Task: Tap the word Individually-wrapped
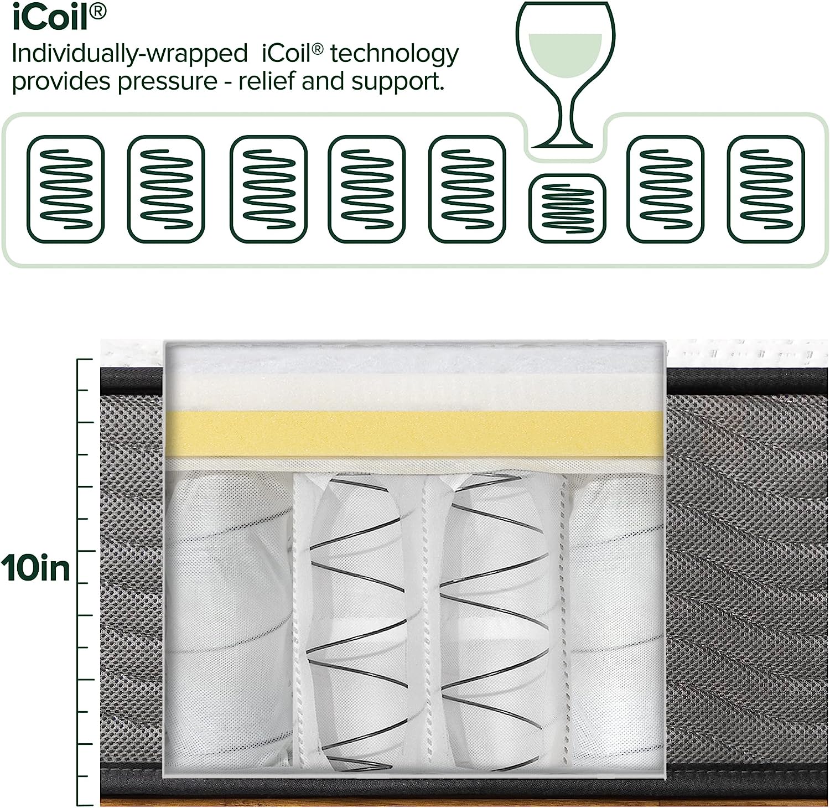tap(129, 54)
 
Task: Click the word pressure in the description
tap(168, 82)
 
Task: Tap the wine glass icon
tap(564, 75)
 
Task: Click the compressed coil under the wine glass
tap(567, 208)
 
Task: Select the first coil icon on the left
tap(66, 189)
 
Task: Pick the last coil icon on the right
tap(766, 189)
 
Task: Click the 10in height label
tap(36, 568)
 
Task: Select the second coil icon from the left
tap(166, 189)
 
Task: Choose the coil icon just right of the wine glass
tap(665, 189)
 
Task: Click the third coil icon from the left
tap(268, 189)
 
